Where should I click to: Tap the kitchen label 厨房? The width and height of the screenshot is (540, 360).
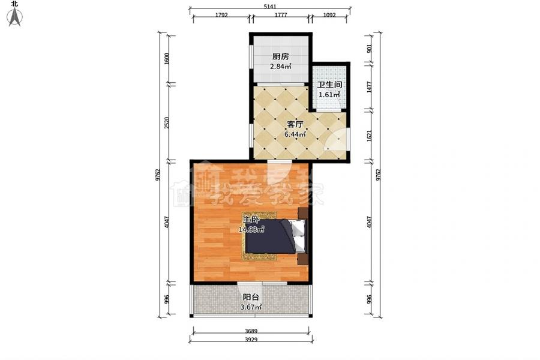tap(281, 56)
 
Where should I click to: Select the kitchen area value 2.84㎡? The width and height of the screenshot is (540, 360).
tap(281, 67)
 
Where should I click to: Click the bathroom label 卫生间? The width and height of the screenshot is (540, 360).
tap(329, 85)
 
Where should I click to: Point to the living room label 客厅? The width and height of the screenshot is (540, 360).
tap(295, 124)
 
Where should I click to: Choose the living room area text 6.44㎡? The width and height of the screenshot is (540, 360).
tap(295, 134)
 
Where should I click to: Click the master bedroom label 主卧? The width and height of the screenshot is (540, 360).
tap(251, 220)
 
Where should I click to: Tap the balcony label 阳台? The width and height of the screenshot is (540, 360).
tap(251, 297)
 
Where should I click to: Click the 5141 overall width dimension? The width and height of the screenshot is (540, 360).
tap(270, 6)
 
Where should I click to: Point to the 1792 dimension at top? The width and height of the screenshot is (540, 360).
tap(221, 15)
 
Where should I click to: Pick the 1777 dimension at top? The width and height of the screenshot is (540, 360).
tap(281, 15)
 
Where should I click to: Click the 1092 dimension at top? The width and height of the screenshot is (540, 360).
tap(329, 15)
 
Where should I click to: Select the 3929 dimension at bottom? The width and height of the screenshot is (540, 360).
tap(251, 340)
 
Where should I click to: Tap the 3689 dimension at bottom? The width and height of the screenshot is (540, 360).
tap(251, 331)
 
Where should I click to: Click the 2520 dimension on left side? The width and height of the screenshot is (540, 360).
tap(167, 123)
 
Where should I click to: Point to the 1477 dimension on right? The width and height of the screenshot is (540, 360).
tap(369, 87)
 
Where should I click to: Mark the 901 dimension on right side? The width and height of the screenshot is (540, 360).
tap(369, 49)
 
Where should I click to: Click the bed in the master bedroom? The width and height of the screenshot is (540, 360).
tap(275, 236)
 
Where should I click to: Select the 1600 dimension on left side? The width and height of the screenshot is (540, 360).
tap(167, 59)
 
